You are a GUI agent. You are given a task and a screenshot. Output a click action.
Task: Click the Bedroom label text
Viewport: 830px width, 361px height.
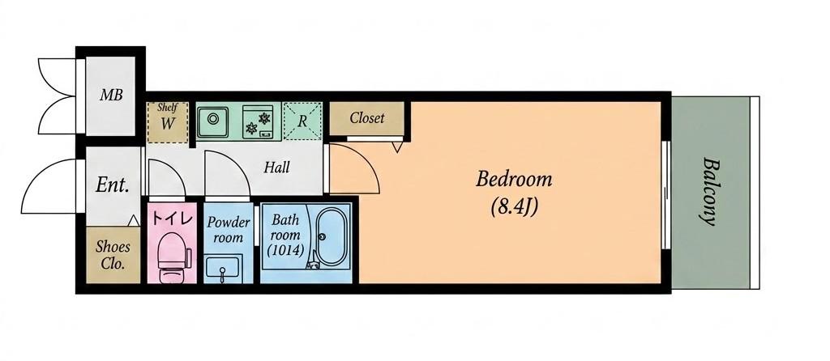click(513, 180)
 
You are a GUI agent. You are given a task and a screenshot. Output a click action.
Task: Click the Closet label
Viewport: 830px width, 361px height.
click(367, 118)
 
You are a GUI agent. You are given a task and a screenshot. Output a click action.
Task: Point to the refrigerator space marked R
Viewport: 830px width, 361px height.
click(302, 121)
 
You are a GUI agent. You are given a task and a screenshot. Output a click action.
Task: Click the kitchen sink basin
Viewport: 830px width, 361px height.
click(213, 121)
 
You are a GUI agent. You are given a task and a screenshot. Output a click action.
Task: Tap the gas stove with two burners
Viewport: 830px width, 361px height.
click(258, 121)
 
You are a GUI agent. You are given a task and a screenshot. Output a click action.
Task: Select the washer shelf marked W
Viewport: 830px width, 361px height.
click(168, 122)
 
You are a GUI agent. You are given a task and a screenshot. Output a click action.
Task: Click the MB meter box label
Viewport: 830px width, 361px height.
click(111, 96)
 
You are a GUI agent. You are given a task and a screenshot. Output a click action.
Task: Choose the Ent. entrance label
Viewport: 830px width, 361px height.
click(113, 185)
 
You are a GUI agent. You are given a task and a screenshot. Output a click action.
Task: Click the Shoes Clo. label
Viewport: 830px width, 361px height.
click(112, 255)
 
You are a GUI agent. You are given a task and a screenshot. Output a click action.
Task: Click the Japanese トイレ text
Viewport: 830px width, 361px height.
click(171, 219)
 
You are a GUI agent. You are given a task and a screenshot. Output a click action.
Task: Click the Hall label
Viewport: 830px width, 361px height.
click(277, 168)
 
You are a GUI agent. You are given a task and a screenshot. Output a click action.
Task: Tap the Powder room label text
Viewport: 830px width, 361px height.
click(228, 229)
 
